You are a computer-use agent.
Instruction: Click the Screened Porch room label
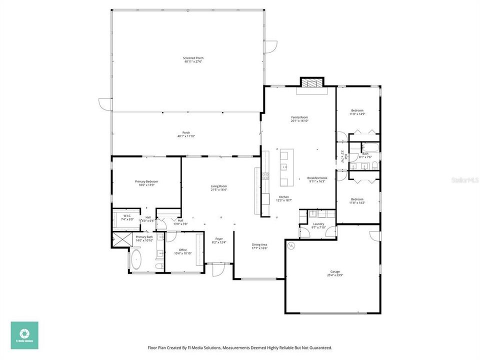coord(193,58)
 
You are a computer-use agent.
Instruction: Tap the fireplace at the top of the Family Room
coord(312,82)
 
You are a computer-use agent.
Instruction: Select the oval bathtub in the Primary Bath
coord(135,260)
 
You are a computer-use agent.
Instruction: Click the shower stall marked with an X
coord(119,240)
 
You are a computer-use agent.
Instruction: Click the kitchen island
coord(285,166)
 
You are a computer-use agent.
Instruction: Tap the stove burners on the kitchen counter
coord(266,175)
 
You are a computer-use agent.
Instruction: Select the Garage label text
coord(335,271)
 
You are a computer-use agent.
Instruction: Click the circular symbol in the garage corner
coord(291,246)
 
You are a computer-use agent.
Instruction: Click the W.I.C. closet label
coord(127,216)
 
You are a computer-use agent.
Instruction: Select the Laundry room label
coord(318,224)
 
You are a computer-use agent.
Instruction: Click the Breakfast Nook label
coord(317,178)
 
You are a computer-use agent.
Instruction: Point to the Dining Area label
coord(260,244)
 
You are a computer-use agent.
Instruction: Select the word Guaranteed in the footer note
coord(318,347)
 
